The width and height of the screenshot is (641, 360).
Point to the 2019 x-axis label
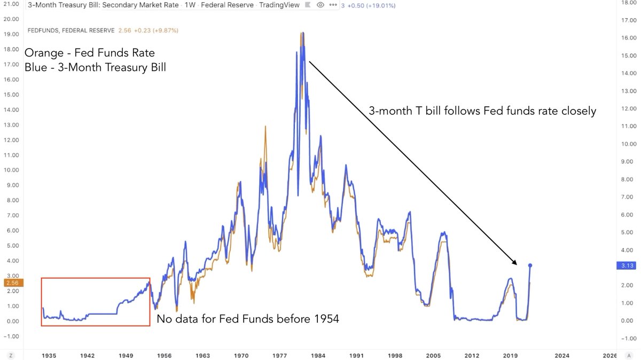point(511,355)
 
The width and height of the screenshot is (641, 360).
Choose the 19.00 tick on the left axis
point(12,34)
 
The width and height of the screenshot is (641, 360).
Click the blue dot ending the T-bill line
point(530,265)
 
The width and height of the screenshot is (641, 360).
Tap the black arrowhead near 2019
point(514,262)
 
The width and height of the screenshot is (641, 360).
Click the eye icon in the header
point(320,5)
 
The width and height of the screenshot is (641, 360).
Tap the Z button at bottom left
point(10,355)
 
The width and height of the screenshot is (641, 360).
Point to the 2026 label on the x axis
point(609,355)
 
